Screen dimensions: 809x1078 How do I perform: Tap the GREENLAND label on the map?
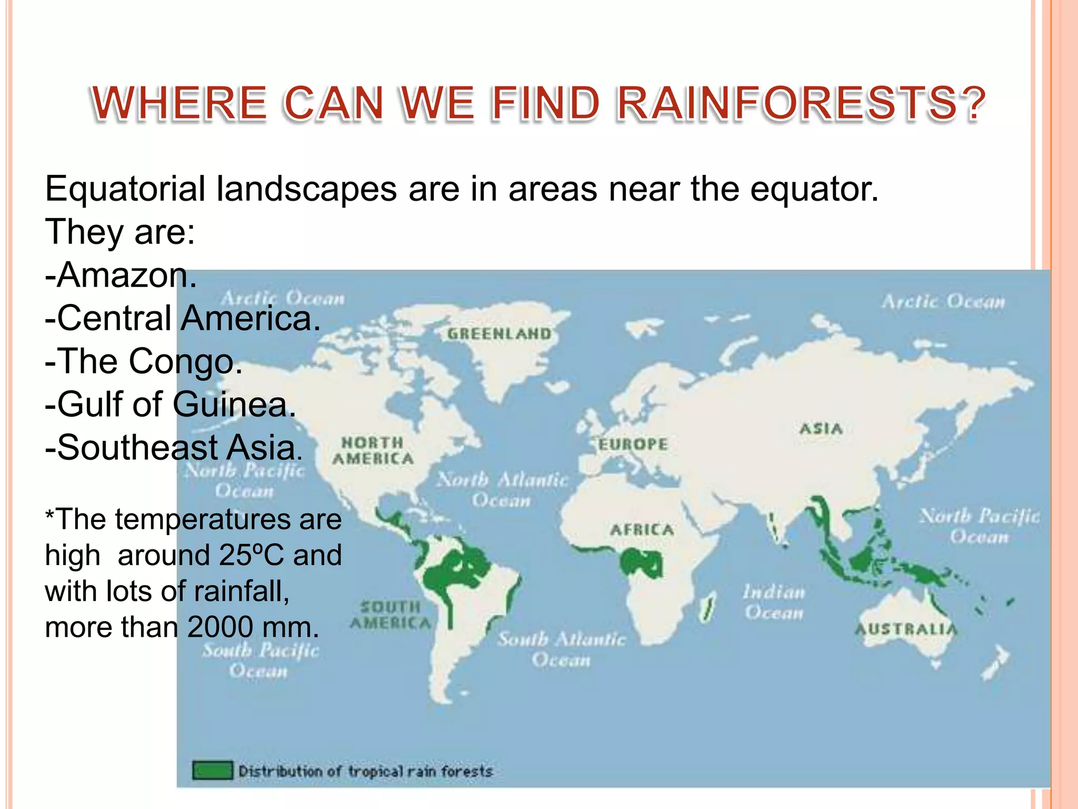coord(499,334)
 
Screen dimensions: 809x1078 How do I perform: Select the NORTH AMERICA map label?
coord(373,451)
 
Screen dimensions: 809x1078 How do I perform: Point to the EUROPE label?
coord(633,445)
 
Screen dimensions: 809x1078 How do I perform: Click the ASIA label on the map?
coord(821,429)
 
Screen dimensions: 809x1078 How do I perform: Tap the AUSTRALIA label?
coord(905,629)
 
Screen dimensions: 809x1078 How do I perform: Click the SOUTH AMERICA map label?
coord(390,615)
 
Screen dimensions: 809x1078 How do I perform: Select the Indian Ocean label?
coord(774,603)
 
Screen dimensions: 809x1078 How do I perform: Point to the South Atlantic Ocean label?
coord(561,649)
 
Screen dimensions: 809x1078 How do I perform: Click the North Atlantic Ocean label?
coord(503,489)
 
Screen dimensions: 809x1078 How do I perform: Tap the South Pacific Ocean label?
coord(261,660)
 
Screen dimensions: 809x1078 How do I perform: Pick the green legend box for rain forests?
coord(212,771)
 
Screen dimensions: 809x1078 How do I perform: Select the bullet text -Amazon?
coord(121,275)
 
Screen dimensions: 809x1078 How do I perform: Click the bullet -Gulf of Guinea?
coord(171,404)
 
